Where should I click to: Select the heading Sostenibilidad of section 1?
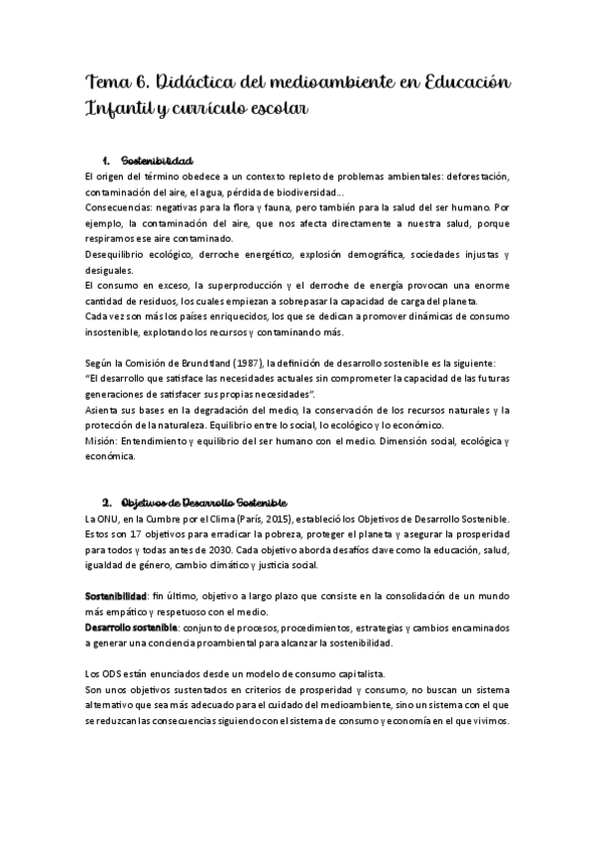[156, 161]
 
